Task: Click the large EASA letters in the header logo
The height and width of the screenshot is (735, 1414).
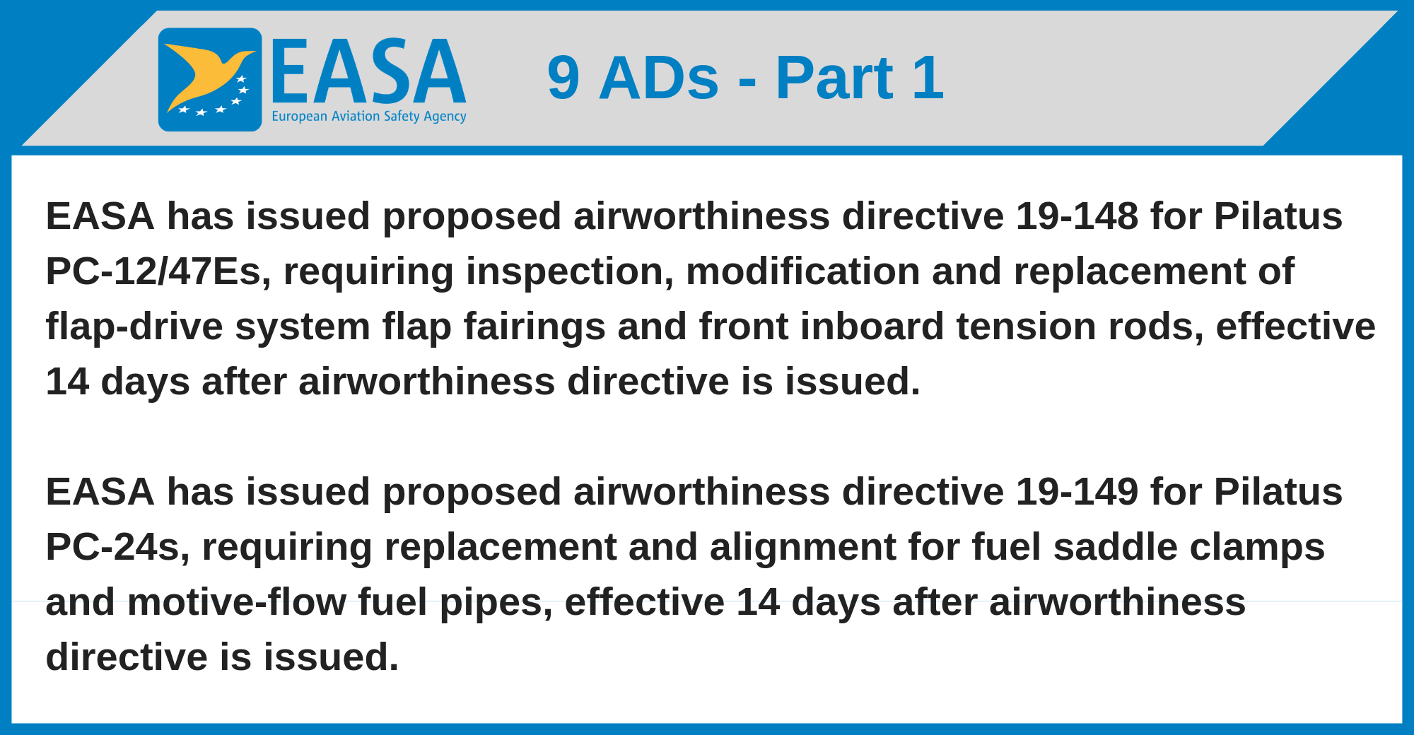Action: pos(368,71)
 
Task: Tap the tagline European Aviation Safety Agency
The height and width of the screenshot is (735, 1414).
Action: pos(369,117)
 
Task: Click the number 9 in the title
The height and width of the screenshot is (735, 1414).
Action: pos(563,78)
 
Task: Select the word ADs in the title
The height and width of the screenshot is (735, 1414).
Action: pos(659,78)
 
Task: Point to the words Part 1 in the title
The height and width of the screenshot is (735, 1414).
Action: pos(860,77)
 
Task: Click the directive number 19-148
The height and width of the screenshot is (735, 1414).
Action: pos(1077,216)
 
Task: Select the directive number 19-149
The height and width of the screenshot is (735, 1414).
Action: pos(1077,491)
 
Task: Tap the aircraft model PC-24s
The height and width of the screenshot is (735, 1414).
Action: pos(118,547)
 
